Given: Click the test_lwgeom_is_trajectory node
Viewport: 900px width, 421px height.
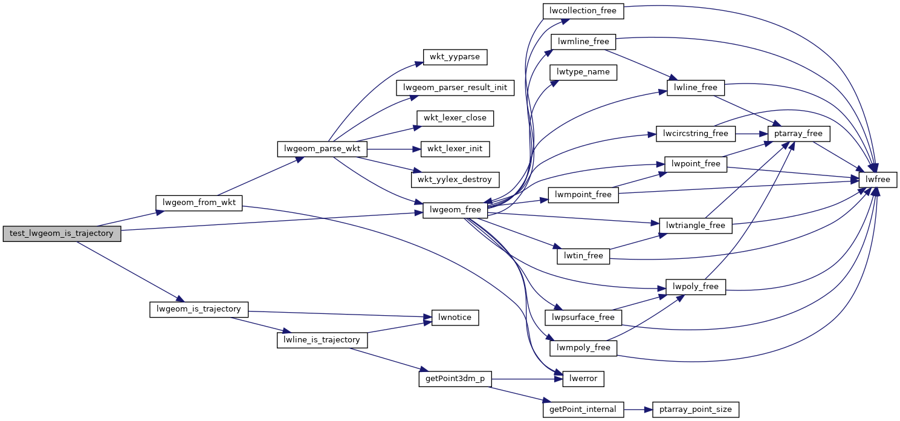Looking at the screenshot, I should coord(62,233).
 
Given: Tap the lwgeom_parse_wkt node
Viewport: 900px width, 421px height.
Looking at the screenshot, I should coord(322,148).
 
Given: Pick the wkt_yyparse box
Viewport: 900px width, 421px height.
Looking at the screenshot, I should coord(455,57).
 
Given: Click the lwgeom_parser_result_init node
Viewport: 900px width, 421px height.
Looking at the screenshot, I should coord(455,88).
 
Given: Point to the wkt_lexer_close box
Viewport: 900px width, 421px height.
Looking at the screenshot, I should coord(455,118).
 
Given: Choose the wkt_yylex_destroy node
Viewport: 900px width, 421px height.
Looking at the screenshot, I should coord(455,179).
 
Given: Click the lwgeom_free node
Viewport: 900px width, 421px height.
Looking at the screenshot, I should coord(455,210).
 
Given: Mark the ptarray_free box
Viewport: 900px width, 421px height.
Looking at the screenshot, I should coord(798,133).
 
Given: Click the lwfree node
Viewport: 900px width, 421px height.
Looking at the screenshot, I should coord(878,179).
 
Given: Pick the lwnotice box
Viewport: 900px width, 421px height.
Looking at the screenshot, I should coord(455,317).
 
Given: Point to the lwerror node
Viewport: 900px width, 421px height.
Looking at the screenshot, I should coord(583,379).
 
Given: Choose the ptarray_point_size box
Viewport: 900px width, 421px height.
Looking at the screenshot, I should coord(696,410).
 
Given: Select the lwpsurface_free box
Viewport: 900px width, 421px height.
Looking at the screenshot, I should coord(583,317).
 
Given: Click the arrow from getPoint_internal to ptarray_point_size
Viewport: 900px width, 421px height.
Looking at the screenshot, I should coord(638,410).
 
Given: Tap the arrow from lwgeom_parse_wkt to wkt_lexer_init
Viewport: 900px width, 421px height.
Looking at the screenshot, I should coord(393,148).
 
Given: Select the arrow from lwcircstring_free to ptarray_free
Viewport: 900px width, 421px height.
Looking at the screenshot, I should coord(751,133).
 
